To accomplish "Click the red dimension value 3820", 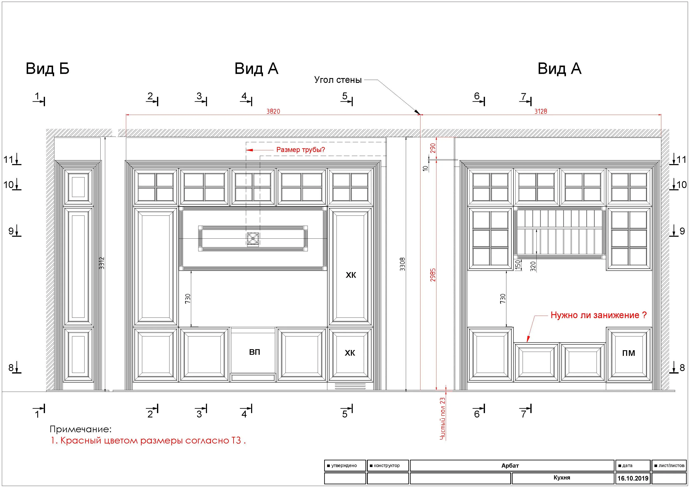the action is [x=273, y=111].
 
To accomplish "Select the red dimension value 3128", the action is [x=541, y=111].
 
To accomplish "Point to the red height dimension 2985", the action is [x=433, y=275].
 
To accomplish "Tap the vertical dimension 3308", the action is [x=402, y=264].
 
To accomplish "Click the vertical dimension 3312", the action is [x=102, y=263].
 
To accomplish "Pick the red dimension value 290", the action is [x=433, y=148].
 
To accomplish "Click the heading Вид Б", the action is [x=47, y=69].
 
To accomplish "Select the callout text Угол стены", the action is [x=338, y=80].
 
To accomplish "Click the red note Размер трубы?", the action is [x=300, y=149].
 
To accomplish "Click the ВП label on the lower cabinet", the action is [x=254, y=352].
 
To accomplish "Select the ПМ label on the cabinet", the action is [x=628, y=353].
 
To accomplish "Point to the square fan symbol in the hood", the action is [x=253, y=239].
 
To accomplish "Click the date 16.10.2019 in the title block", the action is [x=633, y=478].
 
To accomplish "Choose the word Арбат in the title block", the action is [x=510, y=466].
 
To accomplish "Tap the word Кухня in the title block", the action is [x=562, y=478].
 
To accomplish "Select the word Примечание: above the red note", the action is [x=80, y=429].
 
